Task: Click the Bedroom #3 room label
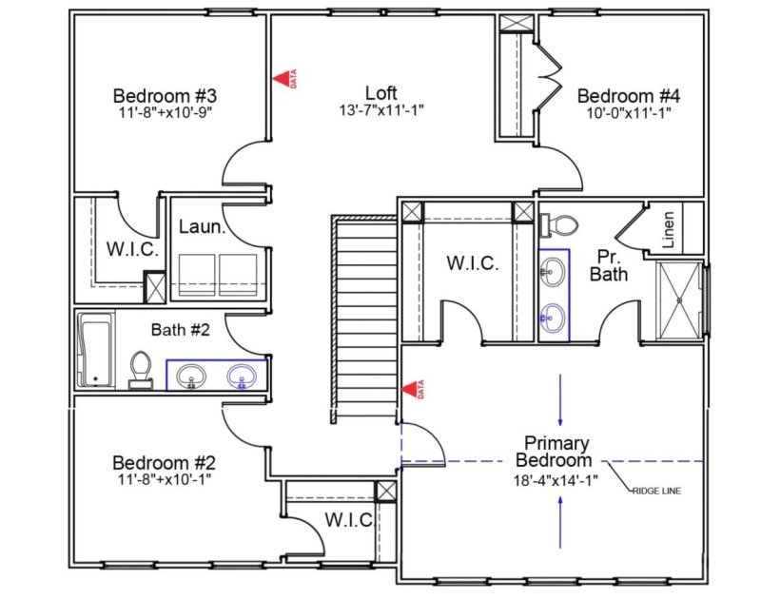[x=166, y=95]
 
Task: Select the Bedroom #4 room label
[x=629, y=95]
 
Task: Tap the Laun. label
[x=203, y=227]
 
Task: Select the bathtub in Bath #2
[x=94, y=349]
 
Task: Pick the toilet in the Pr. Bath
[x=559, y=224]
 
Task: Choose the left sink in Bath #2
[x=191, y=377]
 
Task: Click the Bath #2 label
[x=180, y=331]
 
